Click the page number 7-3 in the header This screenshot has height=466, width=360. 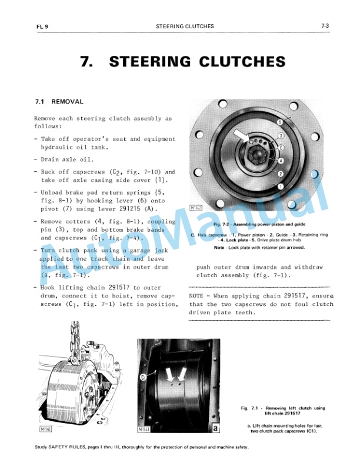[324, 26]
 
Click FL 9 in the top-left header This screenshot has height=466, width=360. [41, 26]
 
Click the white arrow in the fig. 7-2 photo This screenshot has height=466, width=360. [242, 136]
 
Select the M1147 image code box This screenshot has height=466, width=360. [198, 208]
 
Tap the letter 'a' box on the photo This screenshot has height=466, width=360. [216, 428]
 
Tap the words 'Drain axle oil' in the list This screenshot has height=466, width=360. [65, 159]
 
